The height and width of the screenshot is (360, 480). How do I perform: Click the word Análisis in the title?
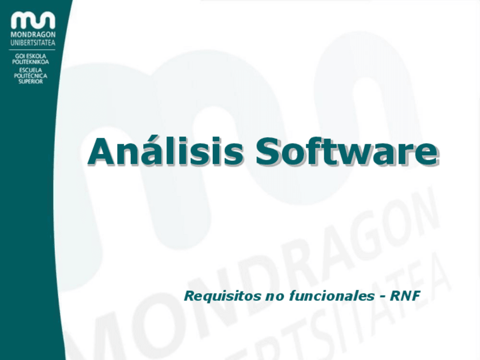click(x=165, y=151)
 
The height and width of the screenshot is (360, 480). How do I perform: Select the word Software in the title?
click(x=346, y=151)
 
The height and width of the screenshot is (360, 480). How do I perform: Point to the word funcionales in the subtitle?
click(x=332, y=295)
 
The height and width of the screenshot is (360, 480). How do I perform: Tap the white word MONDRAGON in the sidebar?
click(x=33, y=35)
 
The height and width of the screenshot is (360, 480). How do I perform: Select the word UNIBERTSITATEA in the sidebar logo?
click(x=33, y=42)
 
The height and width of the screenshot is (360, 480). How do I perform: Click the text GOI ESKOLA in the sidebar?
click(x=31, y=56)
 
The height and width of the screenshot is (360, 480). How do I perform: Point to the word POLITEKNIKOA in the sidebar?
click(x=31, y=62)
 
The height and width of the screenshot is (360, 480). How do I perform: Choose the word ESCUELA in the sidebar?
click(x=31, y=70)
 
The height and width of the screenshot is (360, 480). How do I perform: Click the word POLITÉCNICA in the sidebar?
click(x=31, y=76)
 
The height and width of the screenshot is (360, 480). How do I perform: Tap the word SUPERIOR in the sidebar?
click(x=31, y=82)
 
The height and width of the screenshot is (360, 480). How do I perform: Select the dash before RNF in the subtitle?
click(x=382, y=297)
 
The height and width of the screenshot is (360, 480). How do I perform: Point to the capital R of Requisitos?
click(x=189, y=296)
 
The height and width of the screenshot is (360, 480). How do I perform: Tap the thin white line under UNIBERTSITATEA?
click(x=33, y=50)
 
